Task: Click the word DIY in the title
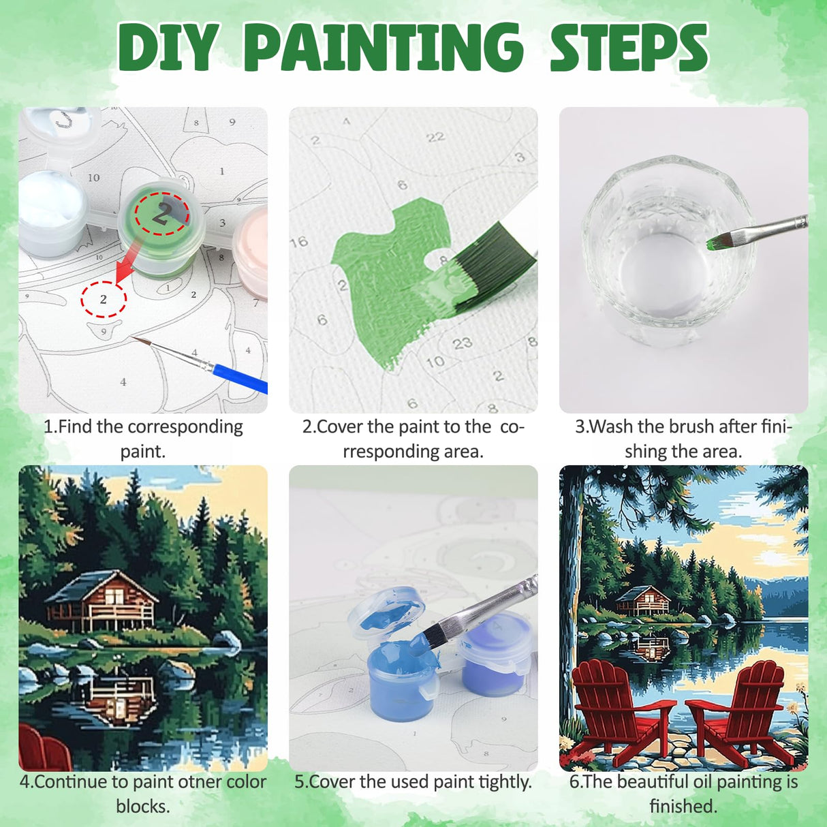[168, 48]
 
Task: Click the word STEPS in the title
[629, 48]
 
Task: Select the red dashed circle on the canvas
[104, 299]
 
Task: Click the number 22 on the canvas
[435, 138]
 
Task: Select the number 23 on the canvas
[462, 343]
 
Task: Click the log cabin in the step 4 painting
[102, 599]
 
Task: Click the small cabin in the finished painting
[642, 601]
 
